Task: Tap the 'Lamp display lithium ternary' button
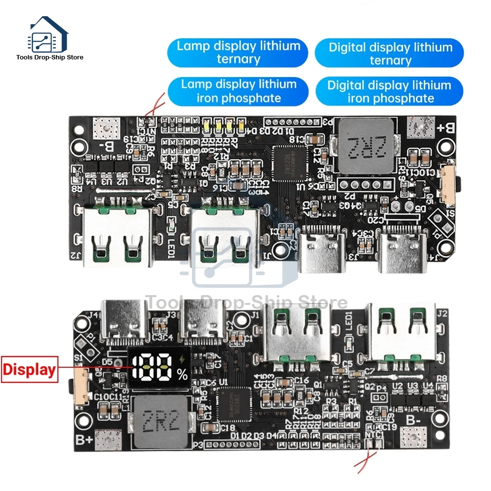(x=238, y=53)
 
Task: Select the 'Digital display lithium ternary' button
(x=390, y=54)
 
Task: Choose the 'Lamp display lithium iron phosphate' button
(x=239, y=91)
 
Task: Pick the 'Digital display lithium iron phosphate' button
(x=390, y=91)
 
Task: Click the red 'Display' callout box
(x=29, y=369)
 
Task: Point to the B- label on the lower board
(x=413, y=420)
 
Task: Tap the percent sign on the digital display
(x=183, y=376)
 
